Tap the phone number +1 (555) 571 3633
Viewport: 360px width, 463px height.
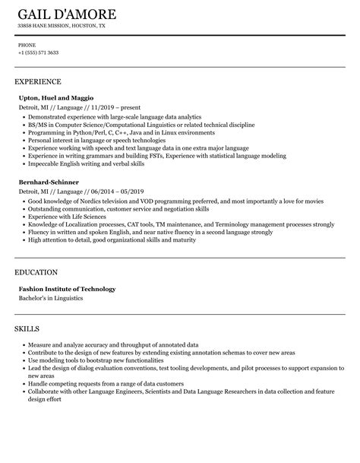click(x=39, y=52)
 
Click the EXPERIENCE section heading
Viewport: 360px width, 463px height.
click(x=38, y=81)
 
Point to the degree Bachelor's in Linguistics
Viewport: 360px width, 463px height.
click(x=50, y=297)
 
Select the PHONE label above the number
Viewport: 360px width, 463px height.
click(x=27, y=45)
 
